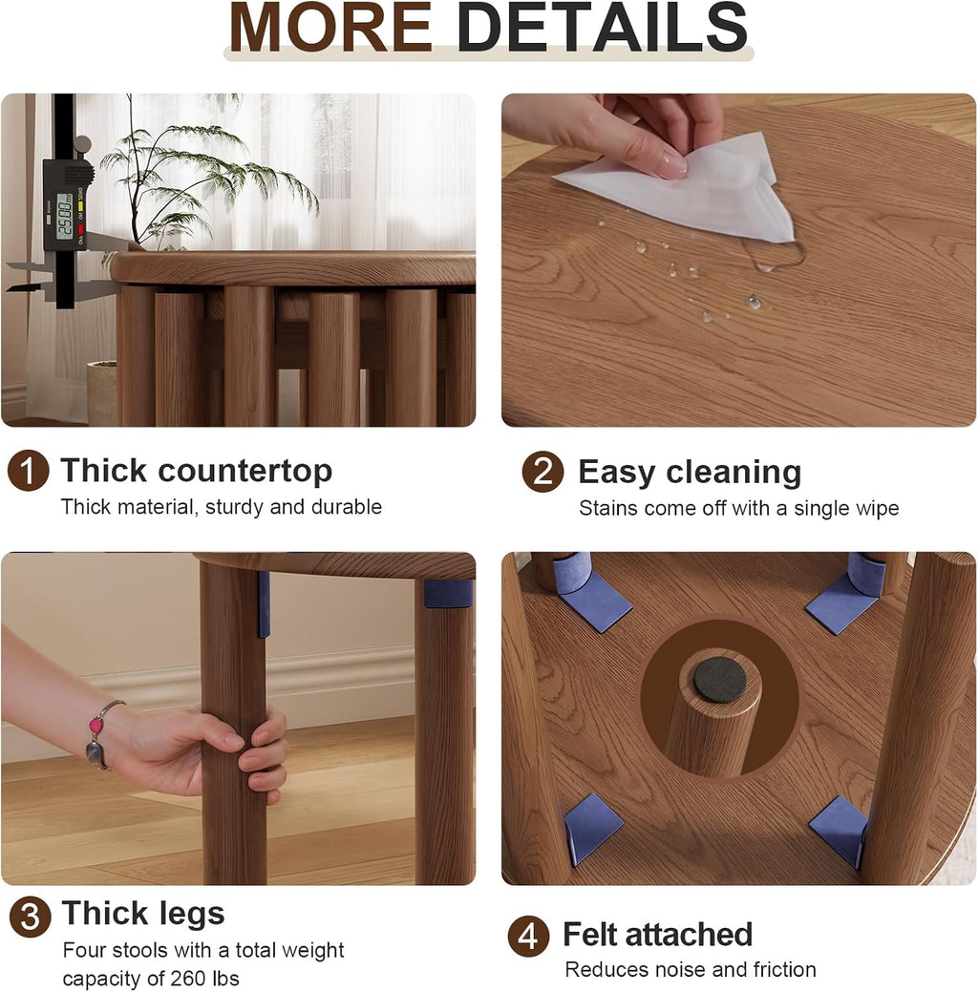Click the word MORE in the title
tap(330, 27)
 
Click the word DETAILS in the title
tap(602, 27)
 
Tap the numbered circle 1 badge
tap(29, 471)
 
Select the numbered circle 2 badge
tap(542, 472)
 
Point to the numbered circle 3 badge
tap(30, 917)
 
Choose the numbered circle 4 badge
tap(528, 937)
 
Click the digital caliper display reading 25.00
tap(65, 217)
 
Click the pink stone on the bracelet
tap(96, 724)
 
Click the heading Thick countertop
tap(196, 472)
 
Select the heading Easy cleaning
tap(690, 473)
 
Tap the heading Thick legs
tap(143, 914)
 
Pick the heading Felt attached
tap(658, 934)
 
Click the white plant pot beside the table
tap(102, 392)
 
